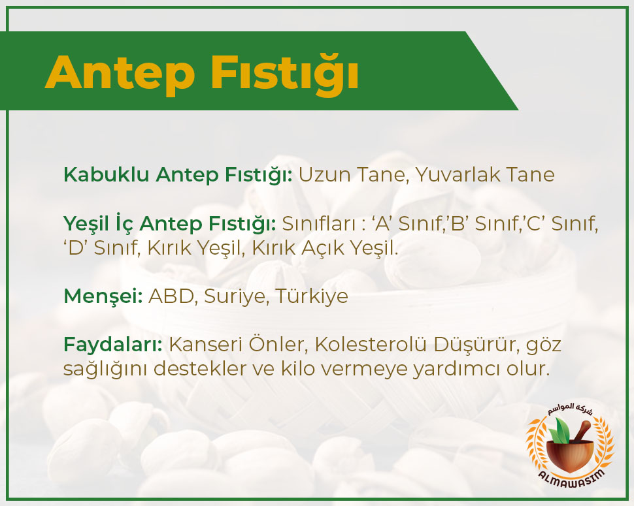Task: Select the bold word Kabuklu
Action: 107,174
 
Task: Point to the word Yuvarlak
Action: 458,174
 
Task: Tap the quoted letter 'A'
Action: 381,223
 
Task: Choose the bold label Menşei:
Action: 103,296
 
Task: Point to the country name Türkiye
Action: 312,296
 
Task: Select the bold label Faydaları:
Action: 113,345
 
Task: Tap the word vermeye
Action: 364,369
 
